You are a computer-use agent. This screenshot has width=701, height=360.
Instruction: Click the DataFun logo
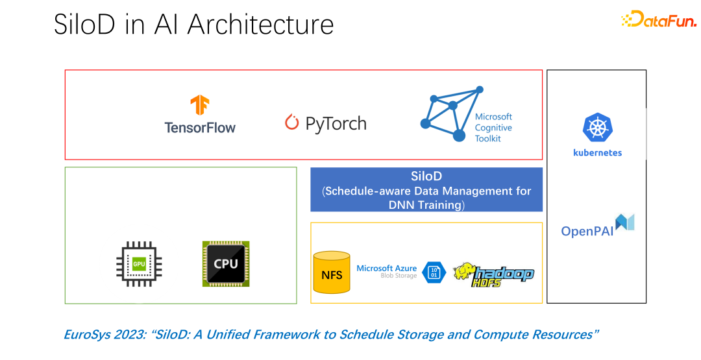click(x=658, y=19)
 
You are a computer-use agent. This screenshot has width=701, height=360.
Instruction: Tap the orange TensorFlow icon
click(x=199, y=106)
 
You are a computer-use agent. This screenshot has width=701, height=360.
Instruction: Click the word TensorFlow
click(x=200, y=127)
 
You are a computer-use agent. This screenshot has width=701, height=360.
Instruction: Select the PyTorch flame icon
click(x=292, y=123)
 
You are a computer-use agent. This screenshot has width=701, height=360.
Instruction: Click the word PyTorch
click(x=336, y=123)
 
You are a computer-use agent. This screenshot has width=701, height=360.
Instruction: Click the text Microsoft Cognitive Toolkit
click(x=493, y=128)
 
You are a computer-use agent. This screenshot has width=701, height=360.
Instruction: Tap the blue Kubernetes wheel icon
click(x=596, y=128)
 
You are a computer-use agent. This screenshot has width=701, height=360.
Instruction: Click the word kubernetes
click(x=597, y=153)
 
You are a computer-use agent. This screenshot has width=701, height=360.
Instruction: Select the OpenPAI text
click(x=587, y=231)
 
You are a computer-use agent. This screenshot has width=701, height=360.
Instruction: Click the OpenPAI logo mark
click(x=625, y=222)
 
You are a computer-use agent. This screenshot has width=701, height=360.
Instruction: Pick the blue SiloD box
click(x=426, y=189)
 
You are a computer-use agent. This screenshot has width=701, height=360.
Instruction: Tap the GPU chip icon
click(x=139, y=264)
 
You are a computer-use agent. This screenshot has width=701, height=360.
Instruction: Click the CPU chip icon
click(x=226, y=264)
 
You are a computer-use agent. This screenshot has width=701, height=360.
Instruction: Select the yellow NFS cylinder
click(x=331, y=272)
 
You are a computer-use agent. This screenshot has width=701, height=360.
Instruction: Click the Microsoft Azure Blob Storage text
click(x=387, y=271)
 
